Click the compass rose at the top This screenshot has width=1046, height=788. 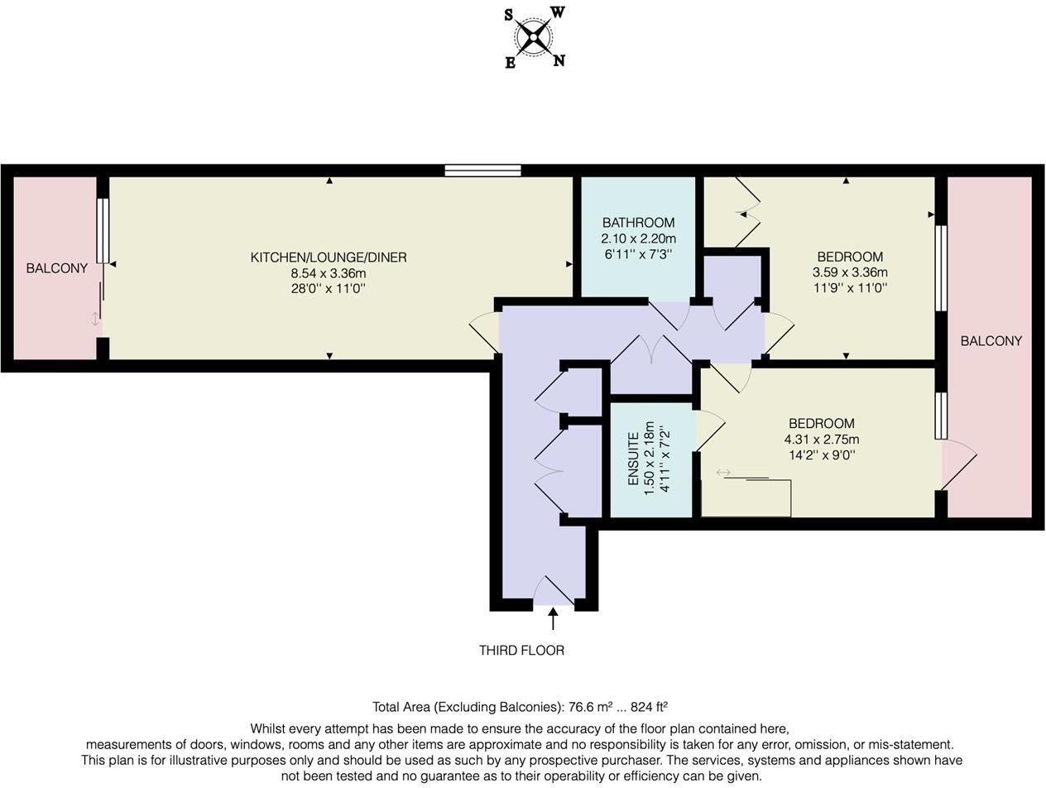(x=533, y=37)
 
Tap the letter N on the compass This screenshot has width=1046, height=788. (x=559, y=60)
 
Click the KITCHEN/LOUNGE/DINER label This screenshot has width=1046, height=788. (x=329, y=257)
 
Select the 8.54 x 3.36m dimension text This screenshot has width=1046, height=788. (x=329, y=273)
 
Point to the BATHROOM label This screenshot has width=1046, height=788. (x=638, y=223)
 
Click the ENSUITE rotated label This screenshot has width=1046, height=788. (x=634, y=459)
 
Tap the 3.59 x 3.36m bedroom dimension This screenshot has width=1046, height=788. (x=850, y=272)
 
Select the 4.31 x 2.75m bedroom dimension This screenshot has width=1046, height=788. (x=821, y=440)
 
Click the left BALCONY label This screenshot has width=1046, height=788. (x=56, y=268)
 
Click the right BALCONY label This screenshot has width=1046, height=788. (x=991, y=341)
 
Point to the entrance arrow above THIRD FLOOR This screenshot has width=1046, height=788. (x=553, y=618)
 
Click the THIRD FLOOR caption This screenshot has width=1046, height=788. (x=521, y=651)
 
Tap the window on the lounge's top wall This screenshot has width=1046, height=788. (x=482, y=171)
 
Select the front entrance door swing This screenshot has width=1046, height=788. (x=554, y=591)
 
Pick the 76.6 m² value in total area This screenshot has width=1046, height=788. (x=590, y=707)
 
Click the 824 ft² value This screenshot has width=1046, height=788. (x=649, y=707)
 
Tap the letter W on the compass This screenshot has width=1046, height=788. (x=558, y=12)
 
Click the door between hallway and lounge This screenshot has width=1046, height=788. (x=485, y=332)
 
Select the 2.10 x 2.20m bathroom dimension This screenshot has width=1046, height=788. (x=638, y=238)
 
